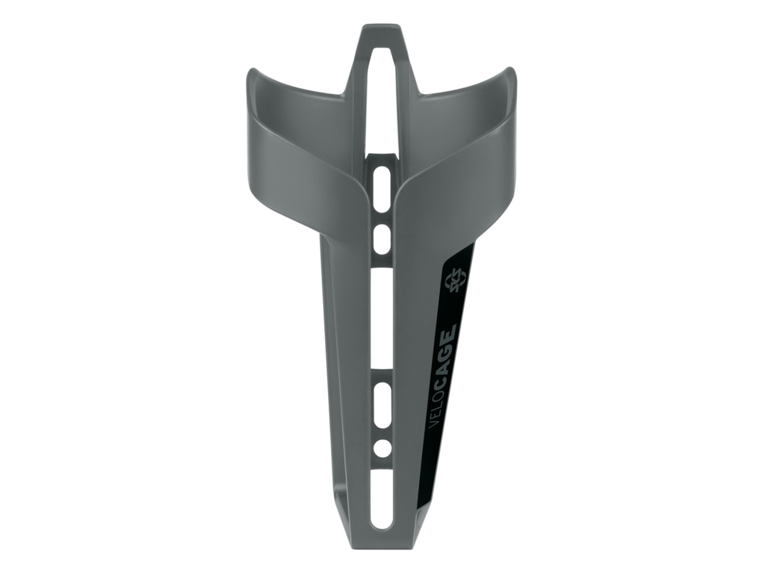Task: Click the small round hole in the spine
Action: [x=382, y=447]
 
